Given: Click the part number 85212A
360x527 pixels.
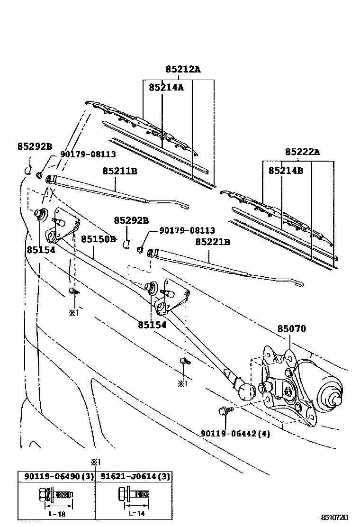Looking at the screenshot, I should (183, 69).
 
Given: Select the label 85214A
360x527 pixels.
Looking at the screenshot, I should (166, 87).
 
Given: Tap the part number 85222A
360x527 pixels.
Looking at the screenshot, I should (303, 152).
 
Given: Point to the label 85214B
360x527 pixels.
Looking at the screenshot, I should (286, 170).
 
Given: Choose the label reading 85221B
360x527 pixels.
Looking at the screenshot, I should (213, 242).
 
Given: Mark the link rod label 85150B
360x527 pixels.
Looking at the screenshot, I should (98, 239).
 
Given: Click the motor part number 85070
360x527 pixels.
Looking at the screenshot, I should (291, 329).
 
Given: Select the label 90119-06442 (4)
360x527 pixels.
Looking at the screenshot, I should (235, 433).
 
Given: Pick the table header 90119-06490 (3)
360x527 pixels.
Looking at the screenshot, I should (56, 476).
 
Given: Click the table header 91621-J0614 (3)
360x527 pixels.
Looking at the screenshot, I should (134, 476).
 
